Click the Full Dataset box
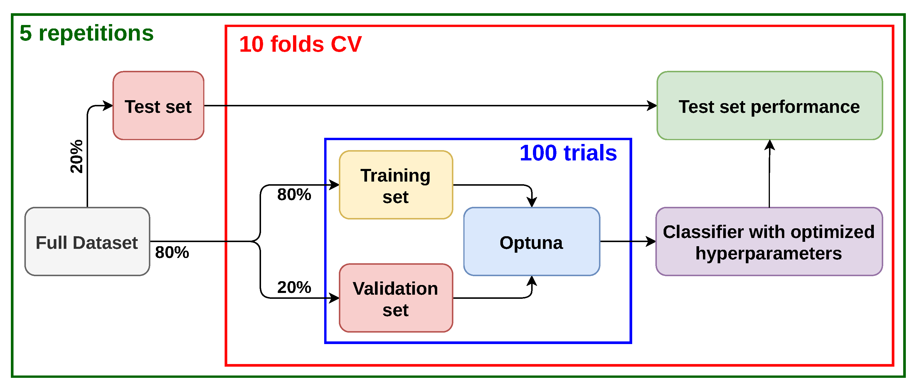(x=87, y=242)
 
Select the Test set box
(x=158, y=105)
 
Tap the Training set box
(x=396, y=185)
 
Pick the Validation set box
(x=396, y=298)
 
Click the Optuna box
(x=532, y=242)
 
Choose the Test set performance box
(x=770, y=105)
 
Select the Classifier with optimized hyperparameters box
(x=769, y=242)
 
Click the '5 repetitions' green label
(x=87, y=33)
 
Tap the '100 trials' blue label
(x=568, y=153)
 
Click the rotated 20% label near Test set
(x=77, y=157)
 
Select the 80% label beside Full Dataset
(x=172, y=252)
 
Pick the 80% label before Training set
(x=294, y=195)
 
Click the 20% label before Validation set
(x=294, y=287)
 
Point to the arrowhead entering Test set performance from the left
(x=652, y=105)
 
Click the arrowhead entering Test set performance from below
(x=770, y=145)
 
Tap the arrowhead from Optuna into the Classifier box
(x=651, y=242)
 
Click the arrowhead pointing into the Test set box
(x=108, y=105)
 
